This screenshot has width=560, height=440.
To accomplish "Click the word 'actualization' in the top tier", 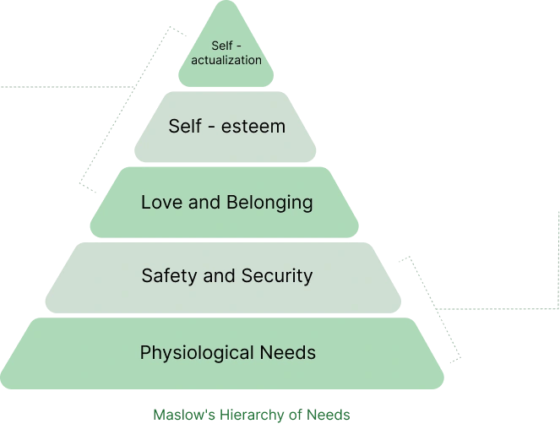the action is click(226, 60).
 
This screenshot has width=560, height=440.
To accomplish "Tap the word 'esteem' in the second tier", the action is click(253, 127).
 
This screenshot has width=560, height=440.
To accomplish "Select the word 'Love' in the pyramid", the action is click(162, 202).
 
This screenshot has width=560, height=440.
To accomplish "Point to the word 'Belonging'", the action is click(269, 204).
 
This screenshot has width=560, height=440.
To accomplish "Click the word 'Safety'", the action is click(169, 276).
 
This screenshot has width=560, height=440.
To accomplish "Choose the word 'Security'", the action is click(277, 276).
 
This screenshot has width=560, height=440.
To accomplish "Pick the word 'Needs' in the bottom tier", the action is click(288, 352).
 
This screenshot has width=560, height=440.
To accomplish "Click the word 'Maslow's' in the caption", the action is click(184, 415).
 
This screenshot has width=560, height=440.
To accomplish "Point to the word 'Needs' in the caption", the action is click(329, 415).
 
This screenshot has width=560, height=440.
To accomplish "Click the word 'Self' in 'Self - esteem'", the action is click(185, 126).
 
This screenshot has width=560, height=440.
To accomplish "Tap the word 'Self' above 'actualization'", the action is click(222, 46).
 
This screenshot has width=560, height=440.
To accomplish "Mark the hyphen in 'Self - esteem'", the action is click(211, 128).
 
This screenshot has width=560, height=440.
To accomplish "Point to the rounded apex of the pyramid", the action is click(226, 2).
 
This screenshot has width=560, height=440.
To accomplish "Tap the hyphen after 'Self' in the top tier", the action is click(239, 46).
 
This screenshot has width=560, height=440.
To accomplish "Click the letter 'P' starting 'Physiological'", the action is click(145, 352).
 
